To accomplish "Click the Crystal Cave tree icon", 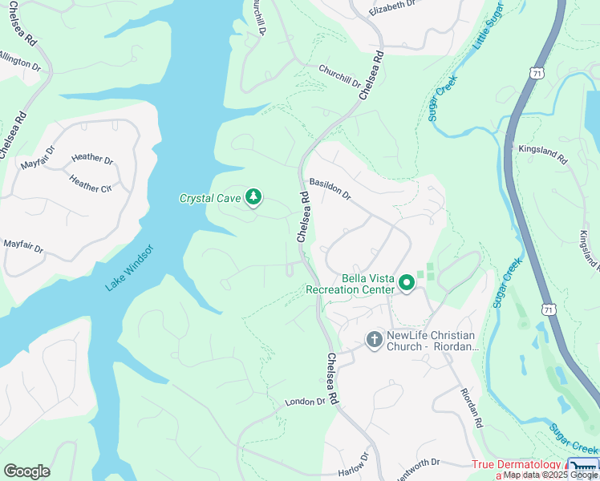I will point(253,196).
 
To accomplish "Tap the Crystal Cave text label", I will point(210,198).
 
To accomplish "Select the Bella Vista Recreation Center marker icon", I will point(407,282).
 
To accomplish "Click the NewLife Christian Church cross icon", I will point(374,339).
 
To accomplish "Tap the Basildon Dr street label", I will point(330,188).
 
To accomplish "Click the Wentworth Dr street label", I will point(417,463).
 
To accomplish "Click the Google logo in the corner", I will point(26,471).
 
